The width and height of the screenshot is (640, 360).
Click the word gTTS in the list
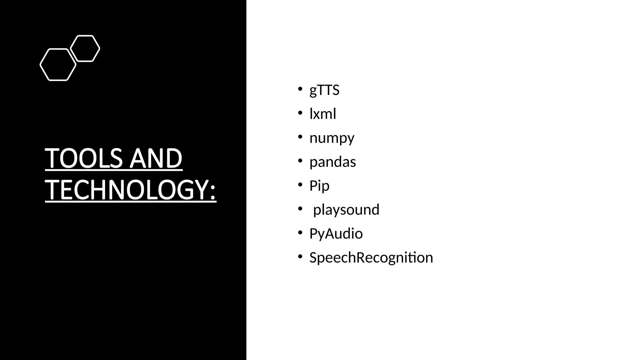[x=324, y=90]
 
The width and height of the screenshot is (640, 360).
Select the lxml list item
[x=322, y=114]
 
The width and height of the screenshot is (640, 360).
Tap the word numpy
[x=332, y=138]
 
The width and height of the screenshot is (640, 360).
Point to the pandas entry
[x=332, y=162]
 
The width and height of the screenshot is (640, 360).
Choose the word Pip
[x=319, y=186]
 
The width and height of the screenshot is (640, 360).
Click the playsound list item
[x=346, y=210]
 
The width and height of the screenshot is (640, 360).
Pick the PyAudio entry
[x=336, y=234]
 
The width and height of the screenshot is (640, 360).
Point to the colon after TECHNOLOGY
[x=212, y=191]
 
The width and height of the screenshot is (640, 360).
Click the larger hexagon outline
[x=58, y=65]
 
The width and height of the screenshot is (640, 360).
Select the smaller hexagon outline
[x=85, y=48]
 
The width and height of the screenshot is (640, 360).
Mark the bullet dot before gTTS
[x=300, y=88]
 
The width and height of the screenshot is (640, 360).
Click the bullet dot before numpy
[x=300, y=136]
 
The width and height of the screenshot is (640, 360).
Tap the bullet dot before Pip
[x=300, y=184]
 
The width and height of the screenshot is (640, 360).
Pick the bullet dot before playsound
[x=300, y=208]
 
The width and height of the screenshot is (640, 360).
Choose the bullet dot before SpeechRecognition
[x=300, y=256]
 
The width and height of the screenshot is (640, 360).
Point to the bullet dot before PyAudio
[x=300, y=232]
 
